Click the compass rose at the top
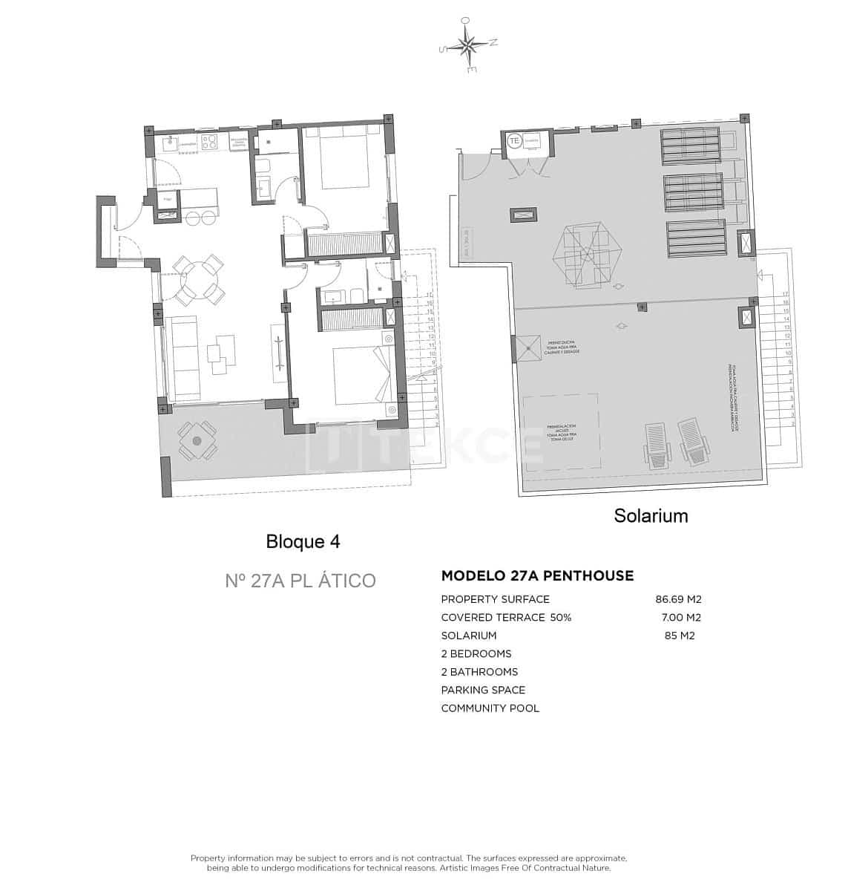tap(468, 46)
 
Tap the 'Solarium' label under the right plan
tap(650, 515)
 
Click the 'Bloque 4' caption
tap(303, 542)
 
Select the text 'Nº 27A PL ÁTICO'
tap(300, 580)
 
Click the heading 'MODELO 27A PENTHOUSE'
tap(537, 575)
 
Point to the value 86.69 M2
tap(678, 599)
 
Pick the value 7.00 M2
tap(680, 617)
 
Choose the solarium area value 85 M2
tap(680, 636)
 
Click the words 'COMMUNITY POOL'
tap(490, 708)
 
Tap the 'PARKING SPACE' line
tap(483, 690)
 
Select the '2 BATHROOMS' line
tap(479, 672)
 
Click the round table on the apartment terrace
tap(197, 440)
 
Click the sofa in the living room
tap(182, 356)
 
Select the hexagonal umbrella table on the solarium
tap(586, 255)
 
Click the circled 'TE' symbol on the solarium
tap(513, 140)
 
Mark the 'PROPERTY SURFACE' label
tap(495, 599)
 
